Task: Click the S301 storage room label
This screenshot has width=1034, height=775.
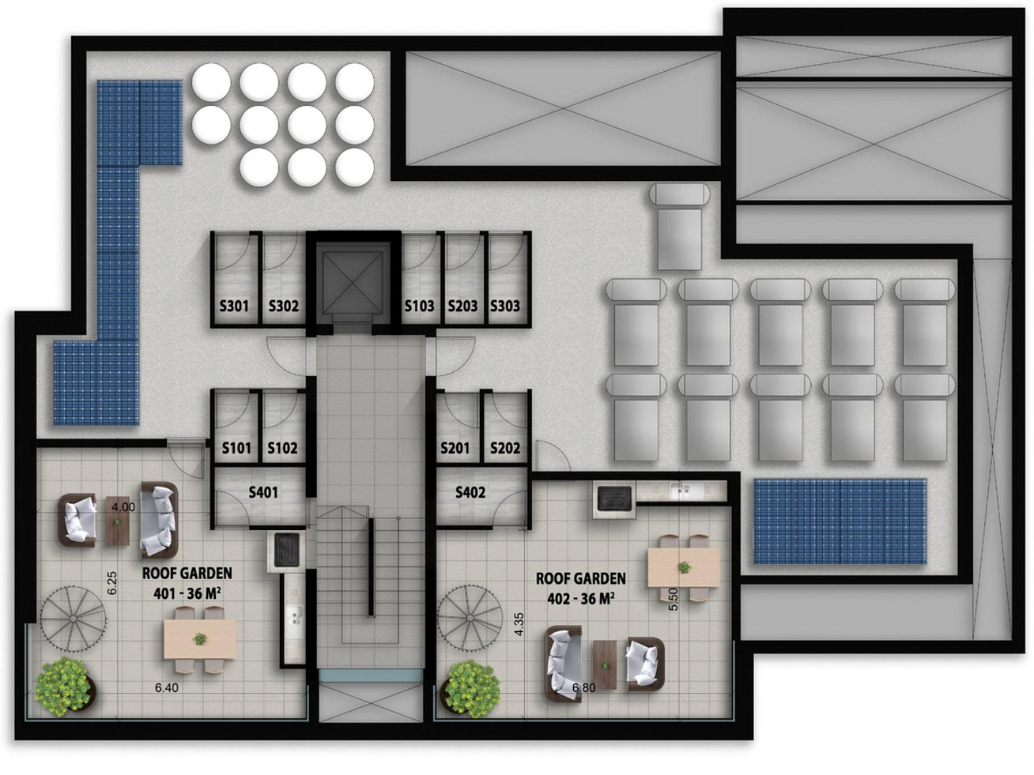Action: coord(234,307)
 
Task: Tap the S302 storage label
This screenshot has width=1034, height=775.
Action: coord(284,307)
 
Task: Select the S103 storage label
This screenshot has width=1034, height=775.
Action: coord(419,307)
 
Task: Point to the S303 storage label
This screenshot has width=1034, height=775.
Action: coord(504,307)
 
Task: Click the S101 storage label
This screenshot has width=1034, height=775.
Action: coord(236,448)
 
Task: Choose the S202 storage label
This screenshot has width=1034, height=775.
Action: coord(505,448)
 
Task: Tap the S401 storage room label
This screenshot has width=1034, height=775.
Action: coord(263,493)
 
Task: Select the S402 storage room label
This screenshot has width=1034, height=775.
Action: coord(470,493)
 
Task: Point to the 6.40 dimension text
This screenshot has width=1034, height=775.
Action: coord(167,688)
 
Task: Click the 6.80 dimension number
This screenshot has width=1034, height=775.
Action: coord(584,688)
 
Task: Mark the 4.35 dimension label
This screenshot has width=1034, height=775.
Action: coord(519,624)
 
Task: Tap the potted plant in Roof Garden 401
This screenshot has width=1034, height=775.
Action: coord(65,687)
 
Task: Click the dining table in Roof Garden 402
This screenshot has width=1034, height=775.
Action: coord(684,567)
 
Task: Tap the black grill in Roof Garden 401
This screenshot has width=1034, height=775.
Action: coord(286,550)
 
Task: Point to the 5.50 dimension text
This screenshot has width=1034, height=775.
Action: coord(674,600)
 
